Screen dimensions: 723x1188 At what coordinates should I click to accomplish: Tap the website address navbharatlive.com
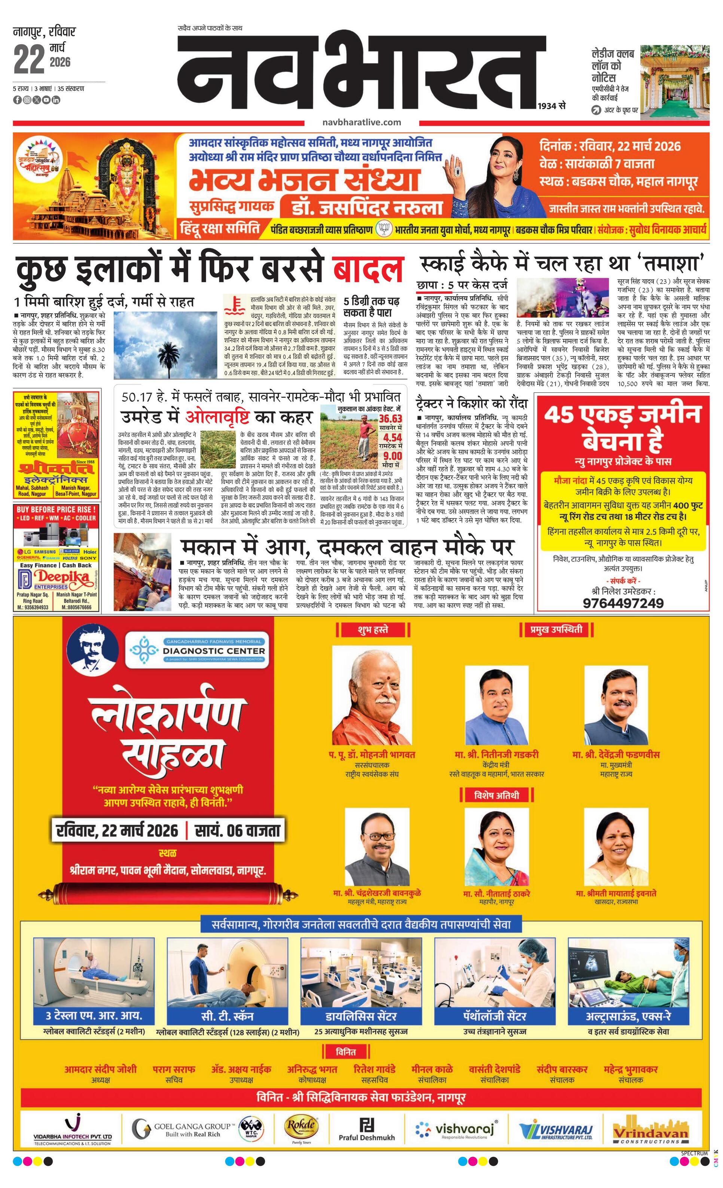tap(361, 122)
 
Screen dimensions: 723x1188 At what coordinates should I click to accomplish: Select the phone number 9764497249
tap(623, 603)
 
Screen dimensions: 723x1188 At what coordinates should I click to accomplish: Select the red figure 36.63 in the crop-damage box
tap(390, 419)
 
